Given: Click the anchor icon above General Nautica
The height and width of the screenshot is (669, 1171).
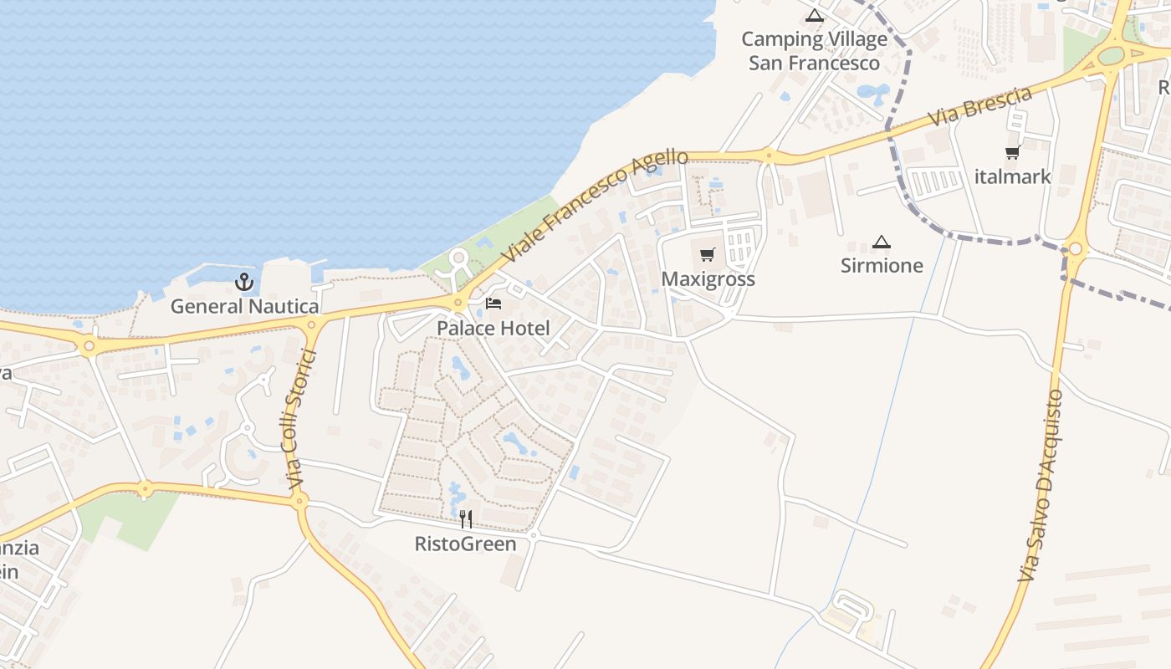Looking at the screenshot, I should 244,282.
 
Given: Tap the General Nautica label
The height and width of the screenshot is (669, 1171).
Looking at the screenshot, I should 244,306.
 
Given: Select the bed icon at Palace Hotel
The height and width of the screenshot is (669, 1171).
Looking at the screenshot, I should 493,303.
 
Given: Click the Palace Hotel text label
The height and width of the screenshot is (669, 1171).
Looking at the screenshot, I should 493,328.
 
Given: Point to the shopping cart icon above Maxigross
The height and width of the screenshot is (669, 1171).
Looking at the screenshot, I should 708,254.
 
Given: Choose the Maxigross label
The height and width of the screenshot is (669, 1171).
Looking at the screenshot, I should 708,278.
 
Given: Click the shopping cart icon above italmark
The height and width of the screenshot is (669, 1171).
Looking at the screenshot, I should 1013,153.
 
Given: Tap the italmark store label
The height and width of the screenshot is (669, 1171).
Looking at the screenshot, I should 1013,176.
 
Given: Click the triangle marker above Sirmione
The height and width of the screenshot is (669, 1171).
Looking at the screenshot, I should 881,243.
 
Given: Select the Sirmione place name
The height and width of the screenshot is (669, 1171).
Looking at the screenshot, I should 882,266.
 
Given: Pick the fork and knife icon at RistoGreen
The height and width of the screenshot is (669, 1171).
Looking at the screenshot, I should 466,519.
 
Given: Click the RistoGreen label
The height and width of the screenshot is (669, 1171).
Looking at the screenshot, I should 466,544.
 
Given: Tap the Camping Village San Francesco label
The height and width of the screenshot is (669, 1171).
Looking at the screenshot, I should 815,51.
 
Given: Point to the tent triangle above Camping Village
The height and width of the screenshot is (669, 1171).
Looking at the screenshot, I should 815,15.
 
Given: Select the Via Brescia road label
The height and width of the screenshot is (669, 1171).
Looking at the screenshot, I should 980,107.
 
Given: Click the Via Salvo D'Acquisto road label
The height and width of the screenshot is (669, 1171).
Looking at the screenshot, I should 1041,485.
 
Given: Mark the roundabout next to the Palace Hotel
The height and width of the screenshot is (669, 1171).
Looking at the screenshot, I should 458,303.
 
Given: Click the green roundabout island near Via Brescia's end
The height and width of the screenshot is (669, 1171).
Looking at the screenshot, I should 1111,55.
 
